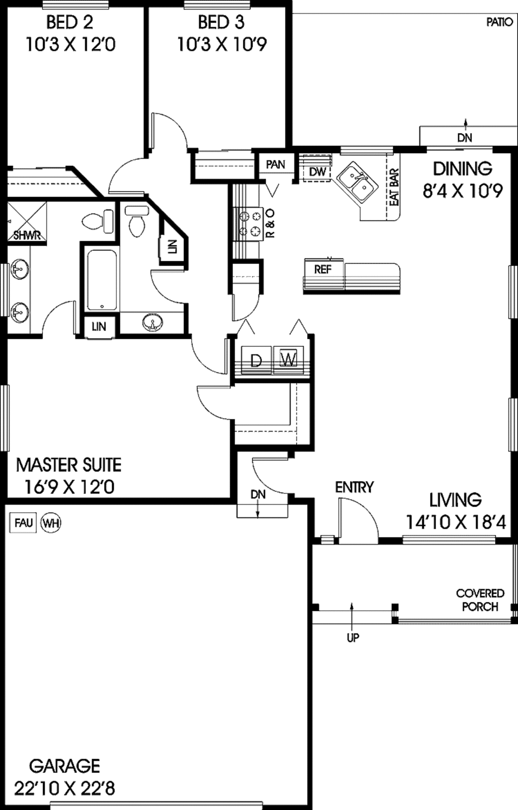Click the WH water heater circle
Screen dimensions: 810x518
(x=50, y=522)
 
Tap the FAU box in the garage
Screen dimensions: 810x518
(x=23, y=522)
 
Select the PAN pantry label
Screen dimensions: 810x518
(x=275, y=164)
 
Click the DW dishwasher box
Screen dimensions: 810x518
(x=317, y=172)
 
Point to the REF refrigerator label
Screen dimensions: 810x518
(x=322, y=269)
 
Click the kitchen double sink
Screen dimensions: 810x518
(x=357, y=183)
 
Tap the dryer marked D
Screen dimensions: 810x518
(x=256, y=360)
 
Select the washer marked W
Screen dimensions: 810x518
(x=288, y=359)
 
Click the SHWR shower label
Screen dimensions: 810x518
(x=26, y=236)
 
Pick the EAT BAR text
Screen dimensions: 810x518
(x=394, y=187)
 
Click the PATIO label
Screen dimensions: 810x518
(x=499, y=22)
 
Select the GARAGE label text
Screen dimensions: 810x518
(x=64, y=766)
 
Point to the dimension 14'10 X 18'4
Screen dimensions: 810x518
(x=455, y=522)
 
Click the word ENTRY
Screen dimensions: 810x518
(x=354, y=487)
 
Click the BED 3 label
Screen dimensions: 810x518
(x=221, y=22)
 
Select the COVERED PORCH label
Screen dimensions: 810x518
(x=480, y=600)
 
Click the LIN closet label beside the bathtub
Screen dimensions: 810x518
(x=99, y=326)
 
